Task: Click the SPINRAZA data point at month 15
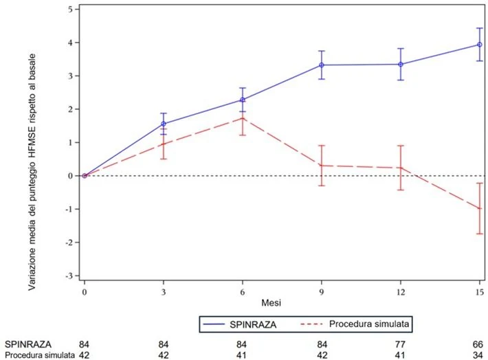pos(480,45)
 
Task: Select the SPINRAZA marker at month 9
pos(322,65)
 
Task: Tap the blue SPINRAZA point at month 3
pos(164,124)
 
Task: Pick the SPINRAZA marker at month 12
pos(401,65)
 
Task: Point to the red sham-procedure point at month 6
pos(243,118)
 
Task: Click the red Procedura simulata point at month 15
pos(480,208)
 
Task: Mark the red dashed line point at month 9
pos(322,166)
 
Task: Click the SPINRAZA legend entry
pos(240,324)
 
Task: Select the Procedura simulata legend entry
pos(355,324)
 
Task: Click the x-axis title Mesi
pos(271,302)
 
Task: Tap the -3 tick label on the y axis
pos(69,276)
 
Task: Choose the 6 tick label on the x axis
pos(243,292)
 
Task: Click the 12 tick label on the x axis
pos(401,292)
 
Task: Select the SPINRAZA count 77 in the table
pos(400,344)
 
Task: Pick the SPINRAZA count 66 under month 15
pos(478,344)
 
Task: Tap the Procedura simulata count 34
pos(478,355)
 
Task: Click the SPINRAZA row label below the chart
pos(28,344)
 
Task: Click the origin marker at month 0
pos(85,176)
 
